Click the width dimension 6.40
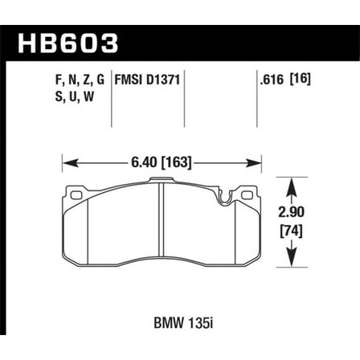pyautogui.click(x=149, y=161)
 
